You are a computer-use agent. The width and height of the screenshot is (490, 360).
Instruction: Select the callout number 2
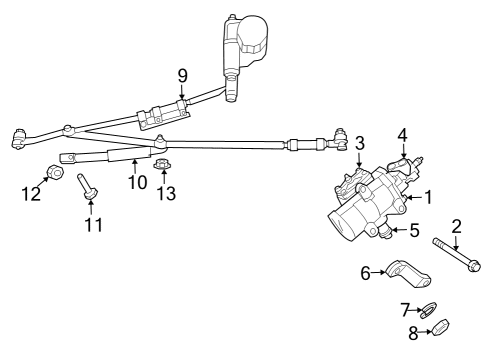coord(455,226)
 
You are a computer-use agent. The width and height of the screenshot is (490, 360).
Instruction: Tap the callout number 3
coord(359,144)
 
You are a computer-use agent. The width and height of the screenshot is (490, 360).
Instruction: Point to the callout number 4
coord(402,135)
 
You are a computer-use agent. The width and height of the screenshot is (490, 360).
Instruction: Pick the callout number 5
coord(413,230)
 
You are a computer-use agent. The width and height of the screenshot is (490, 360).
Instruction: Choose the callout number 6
coord(366,271)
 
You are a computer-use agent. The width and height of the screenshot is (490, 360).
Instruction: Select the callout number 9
coord(182,75)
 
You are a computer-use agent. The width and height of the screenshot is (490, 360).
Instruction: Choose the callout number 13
coord(166,191)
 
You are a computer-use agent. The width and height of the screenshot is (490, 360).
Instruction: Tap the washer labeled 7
coord(427,308)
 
